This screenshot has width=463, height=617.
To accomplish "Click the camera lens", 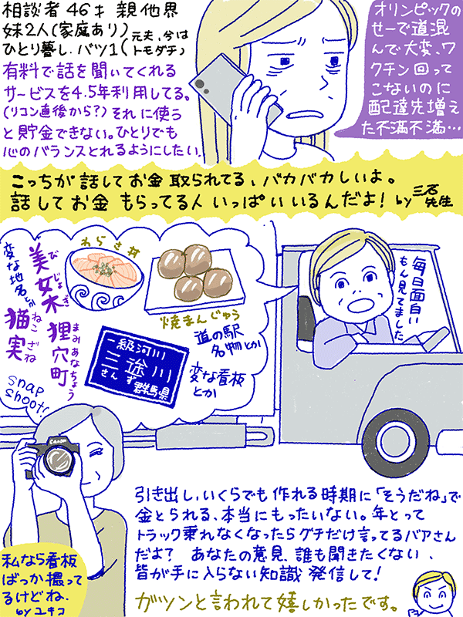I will tap(56, 464).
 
